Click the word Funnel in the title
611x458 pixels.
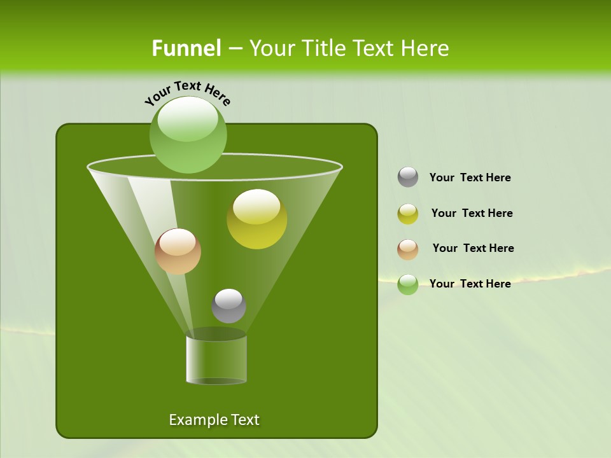[x=186, y=48]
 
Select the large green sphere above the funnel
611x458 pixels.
[x=188, y=134]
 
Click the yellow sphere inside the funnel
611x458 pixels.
[x=256, y=219]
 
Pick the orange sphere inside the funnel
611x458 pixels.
[x=178, y=251]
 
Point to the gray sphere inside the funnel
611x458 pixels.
[x=228, y=306]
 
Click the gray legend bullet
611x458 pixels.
[x=408, y=177]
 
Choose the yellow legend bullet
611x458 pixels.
[x=408, y=214]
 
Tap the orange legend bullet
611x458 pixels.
[x=408, y=249]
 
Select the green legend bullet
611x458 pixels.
[x=408, y=284]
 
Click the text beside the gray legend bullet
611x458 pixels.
[x=470, y=178]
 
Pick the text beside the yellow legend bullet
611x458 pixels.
[x=472, y=214]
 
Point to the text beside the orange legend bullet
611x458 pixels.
[x=473, y=249]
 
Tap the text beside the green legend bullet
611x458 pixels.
[x=470, y=284]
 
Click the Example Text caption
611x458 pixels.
[x=214, y=420]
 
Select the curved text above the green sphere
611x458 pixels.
[x=188, y=92]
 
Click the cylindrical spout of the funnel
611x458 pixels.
[x=216, y=359]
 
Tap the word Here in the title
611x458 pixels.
[x=426, y=48]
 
